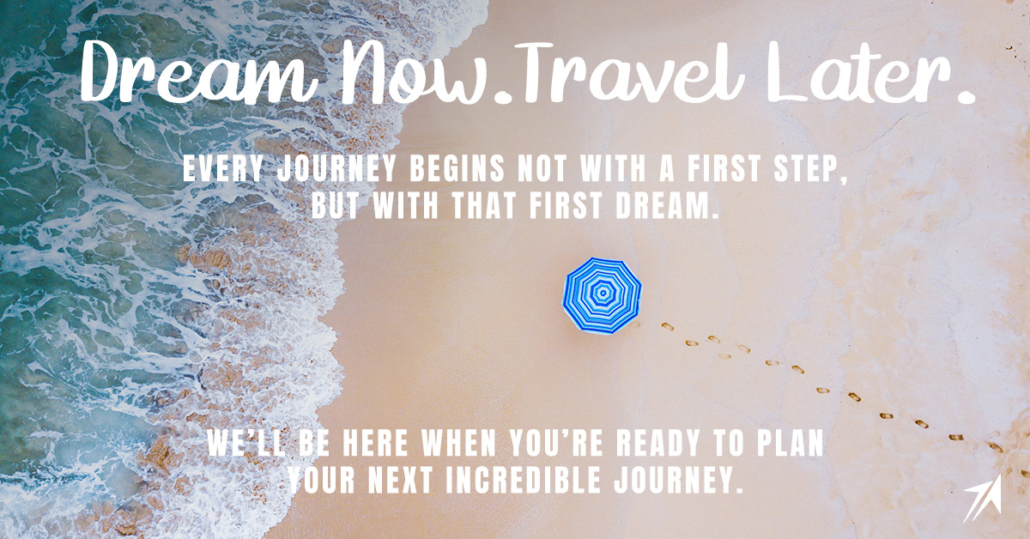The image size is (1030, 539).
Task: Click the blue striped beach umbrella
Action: pos(602,295)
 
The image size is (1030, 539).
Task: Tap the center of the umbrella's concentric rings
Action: pos(602,293)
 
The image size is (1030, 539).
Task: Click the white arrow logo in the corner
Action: pos(983,498)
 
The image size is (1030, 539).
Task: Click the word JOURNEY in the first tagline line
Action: pos(337,169)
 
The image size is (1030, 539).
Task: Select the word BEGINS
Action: pos(457,169)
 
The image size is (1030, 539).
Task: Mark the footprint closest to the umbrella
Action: pos(667,326)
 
